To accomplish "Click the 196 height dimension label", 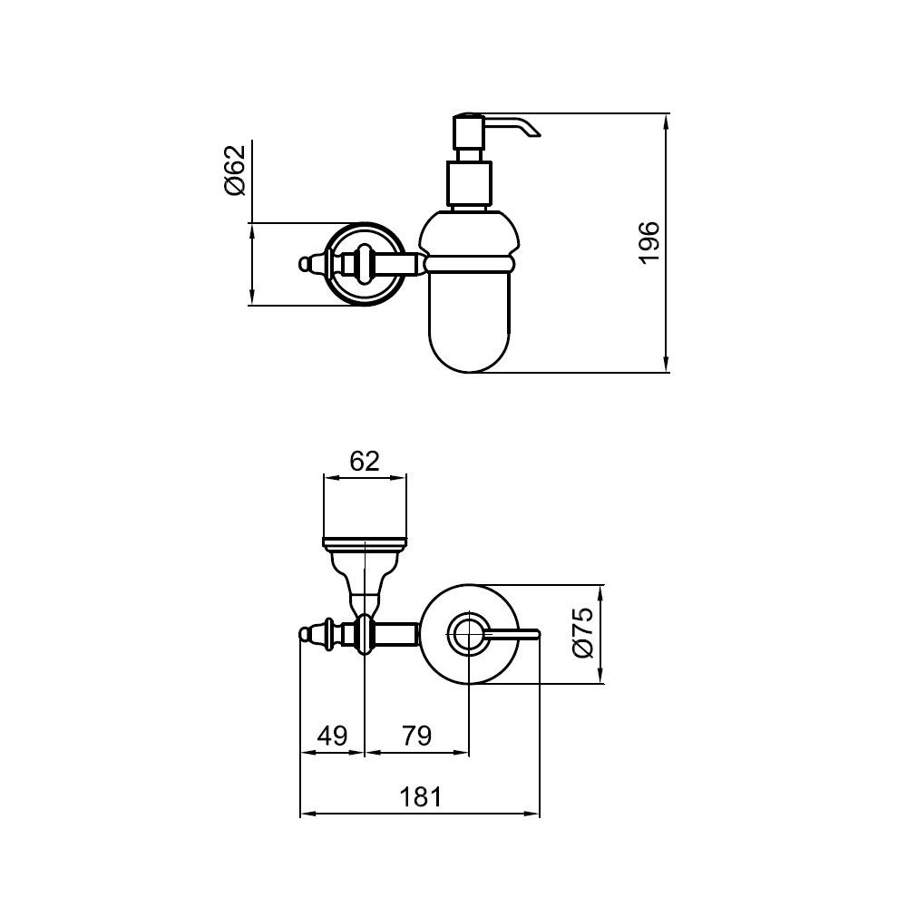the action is click(649, 243).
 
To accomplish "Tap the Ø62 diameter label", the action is click(236, 171).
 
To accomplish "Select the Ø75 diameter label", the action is click(583, 632).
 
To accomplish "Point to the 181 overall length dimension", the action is click(421, 796).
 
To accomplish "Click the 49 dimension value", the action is click(333, 736).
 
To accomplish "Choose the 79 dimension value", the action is click(417, 736).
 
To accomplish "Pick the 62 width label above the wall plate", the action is click(365, 461).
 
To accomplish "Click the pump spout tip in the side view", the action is click(537, 134).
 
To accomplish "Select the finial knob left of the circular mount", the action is click(307, 264).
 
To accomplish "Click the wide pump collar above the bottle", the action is click(469, 183).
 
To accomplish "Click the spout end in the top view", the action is click(536, 634).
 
